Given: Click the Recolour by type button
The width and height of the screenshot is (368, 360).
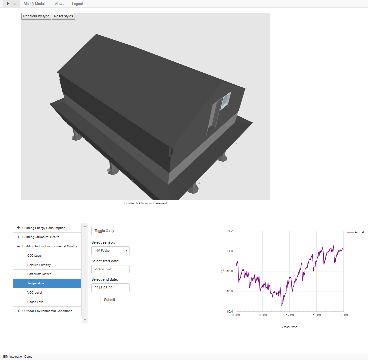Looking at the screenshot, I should pos(36,16).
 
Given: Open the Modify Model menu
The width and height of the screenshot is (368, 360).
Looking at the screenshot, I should pos(35,4).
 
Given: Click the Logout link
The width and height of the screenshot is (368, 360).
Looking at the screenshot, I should pos(77,4).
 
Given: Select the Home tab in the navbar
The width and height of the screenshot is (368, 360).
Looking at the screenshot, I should pos(12,4).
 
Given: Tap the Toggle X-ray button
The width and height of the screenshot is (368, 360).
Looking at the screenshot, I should pos(104,231).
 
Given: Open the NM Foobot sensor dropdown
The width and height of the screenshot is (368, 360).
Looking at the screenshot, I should pos(110,251).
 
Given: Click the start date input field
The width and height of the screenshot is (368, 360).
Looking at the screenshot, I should pos(110,269).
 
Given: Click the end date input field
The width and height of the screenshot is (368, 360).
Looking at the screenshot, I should pos(110,288).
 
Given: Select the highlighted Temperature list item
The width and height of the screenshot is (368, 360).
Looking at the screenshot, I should pos(47,283).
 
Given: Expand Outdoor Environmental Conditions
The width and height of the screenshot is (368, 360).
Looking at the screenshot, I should pos(47,311).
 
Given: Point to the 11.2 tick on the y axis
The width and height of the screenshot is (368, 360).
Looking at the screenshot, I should pos(230,231).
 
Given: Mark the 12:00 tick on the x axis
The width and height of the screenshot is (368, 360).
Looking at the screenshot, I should pos(290,315).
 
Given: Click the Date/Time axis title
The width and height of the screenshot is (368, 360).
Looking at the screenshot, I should pos(290,327).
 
